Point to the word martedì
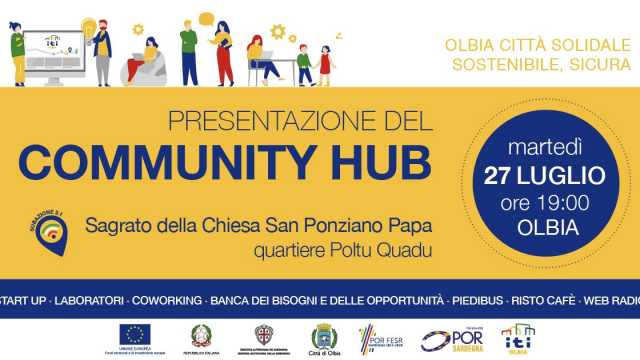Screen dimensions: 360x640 click(545, 151)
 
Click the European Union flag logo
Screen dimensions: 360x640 click(134, 334)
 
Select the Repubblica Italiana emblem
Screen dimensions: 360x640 click(201, 334)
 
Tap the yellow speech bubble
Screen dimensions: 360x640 click(206, 18)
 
